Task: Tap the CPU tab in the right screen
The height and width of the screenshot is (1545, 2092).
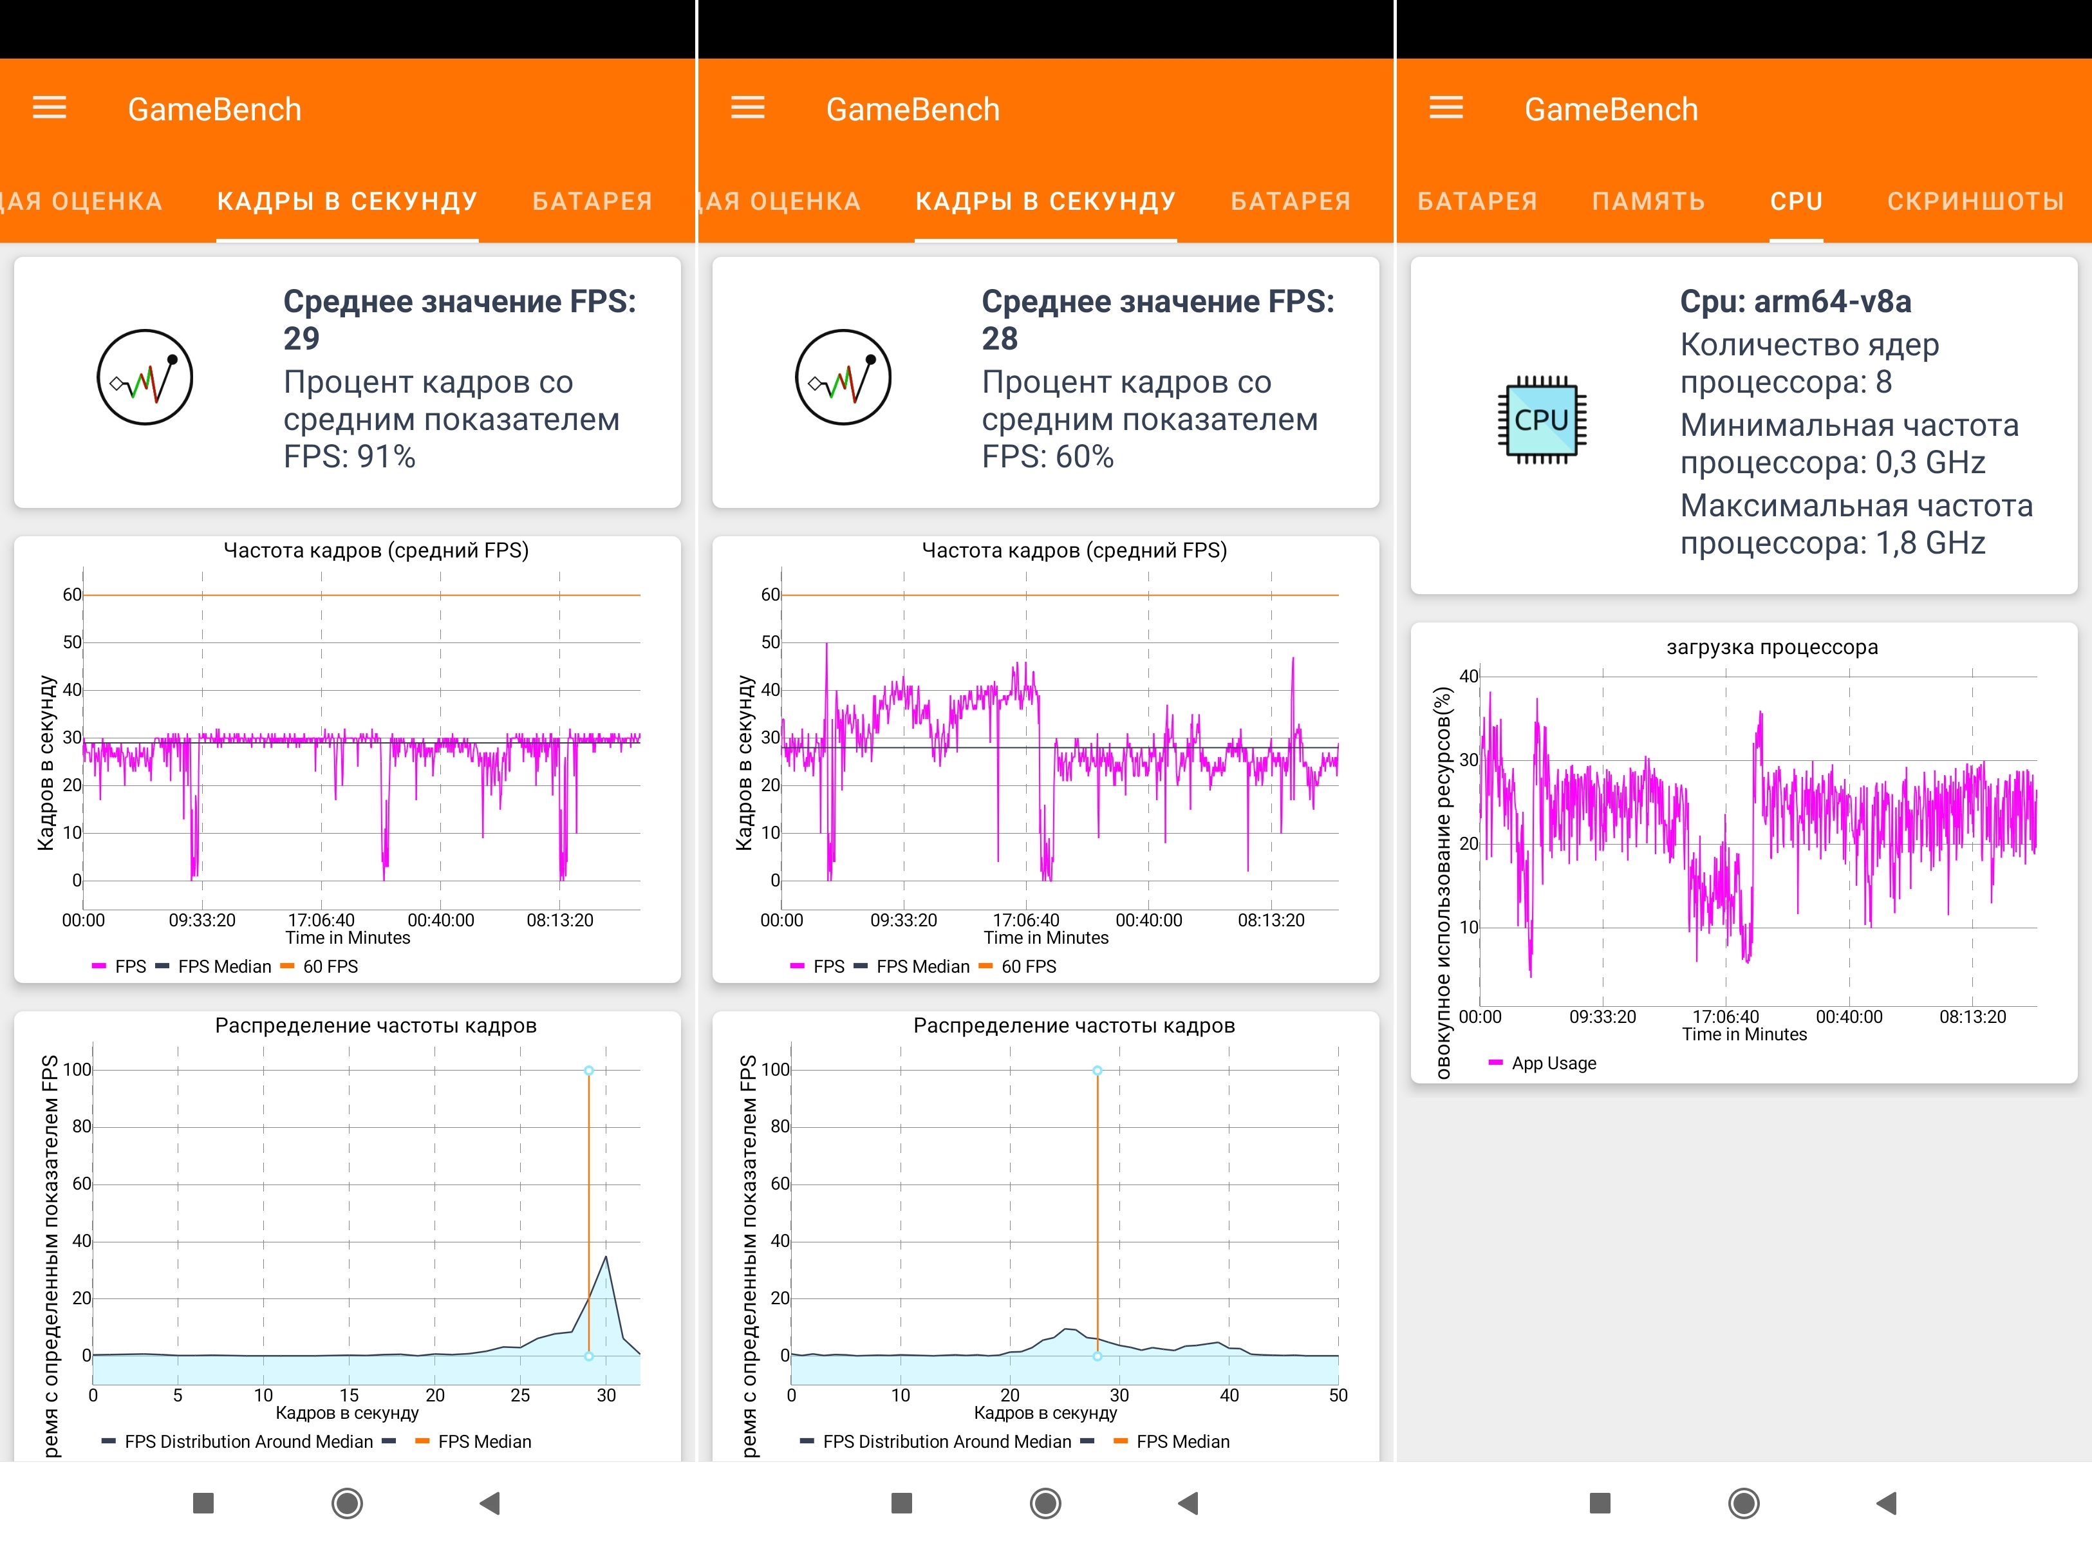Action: tap(1795, 201)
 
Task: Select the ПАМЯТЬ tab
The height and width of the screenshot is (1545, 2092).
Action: tap(1648, 201)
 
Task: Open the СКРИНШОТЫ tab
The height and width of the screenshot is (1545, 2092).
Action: tap(1975, 201)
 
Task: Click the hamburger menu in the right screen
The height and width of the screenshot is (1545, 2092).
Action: tap(1446, 109)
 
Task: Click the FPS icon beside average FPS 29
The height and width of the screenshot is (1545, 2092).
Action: tap(145, 377)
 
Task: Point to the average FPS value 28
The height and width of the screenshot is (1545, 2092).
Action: tap(1000, 339)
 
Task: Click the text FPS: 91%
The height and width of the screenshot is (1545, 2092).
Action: tap(350, 456)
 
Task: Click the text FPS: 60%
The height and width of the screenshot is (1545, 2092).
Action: tap(1047, 456)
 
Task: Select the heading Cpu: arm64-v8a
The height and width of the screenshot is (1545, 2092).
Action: tap(1795, 301)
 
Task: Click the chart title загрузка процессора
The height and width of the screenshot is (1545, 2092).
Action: tap(1771, 647)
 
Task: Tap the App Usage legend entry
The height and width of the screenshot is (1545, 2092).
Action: tap(1553, 1063)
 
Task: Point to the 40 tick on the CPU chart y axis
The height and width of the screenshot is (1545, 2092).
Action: tap(1468, 676)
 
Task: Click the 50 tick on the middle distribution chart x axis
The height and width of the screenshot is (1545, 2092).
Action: tap(1338, 1396)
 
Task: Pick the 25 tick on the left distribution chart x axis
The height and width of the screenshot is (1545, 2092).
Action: tap(520, 1396)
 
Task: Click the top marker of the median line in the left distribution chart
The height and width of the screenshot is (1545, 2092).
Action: tap(589, 1070)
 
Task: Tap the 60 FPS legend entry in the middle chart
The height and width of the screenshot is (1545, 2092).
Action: tap(1028, 966)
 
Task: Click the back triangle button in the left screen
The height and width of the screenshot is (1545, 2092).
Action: tap(489, 1503)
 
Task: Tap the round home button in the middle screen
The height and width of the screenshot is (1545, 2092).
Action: tap(1045, 1503)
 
